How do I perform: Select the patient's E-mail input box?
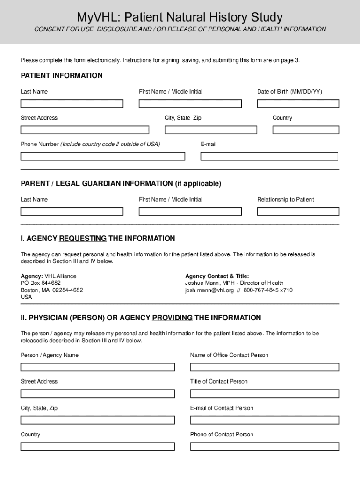pos(270,156)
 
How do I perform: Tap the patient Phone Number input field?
pos(102,156)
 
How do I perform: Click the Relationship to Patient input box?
pos(298,211)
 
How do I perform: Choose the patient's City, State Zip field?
pos(210,130)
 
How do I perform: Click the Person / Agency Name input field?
pos(97,367)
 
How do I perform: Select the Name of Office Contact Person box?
pos(265,367)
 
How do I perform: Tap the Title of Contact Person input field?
pos(265,393)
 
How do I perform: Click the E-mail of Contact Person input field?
pos(265,420)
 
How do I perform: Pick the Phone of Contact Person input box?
pos(265,446)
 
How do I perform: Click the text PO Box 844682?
pos(41,283)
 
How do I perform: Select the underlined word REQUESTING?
pos(83,239)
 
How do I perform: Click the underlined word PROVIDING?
pos(172,318)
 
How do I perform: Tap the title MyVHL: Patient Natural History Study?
pos(180,17)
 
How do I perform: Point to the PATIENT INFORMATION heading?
pos(61,76)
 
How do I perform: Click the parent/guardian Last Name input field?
pos(72,211)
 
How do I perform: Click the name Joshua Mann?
pos(202,283)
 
